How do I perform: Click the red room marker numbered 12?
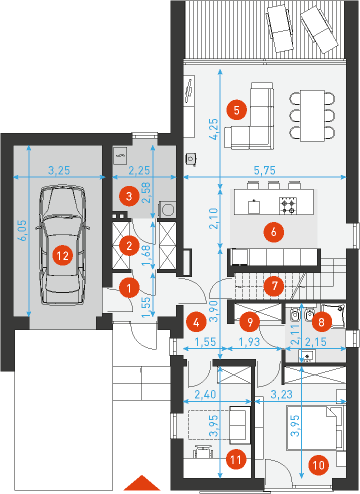(x=63, y=256)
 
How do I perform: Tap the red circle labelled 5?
(x=237, y=110)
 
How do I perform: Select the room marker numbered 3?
(x=129, y=196)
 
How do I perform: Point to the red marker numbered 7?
(x=275, y=286)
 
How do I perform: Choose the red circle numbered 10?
(x=319, y=465)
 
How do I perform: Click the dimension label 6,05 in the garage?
(x=23, y=230)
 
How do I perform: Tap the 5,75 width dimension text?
(x=265, y=170)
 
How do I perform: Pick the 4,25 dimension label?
(x=214, y=129)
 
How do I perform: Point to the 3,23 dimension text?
(x=282, y=394)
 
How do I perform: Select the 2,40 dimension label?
(x=205, y=395)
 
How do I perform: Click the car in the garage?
(x=63, y=245)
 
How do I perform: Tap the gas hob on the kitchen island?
(x=288, y=206)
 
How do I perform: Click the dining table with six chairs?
(x=312, y=115)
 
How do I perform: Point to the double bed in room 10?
(x=315, y=428)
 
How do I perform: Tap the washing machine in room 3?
(x=167, y=209)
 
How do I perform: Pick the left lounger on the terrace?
(x=280, y=28)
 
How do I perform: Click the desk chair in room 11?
(x=203, y=451)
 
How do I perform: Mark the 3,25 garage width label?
(x=59, y=170)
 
